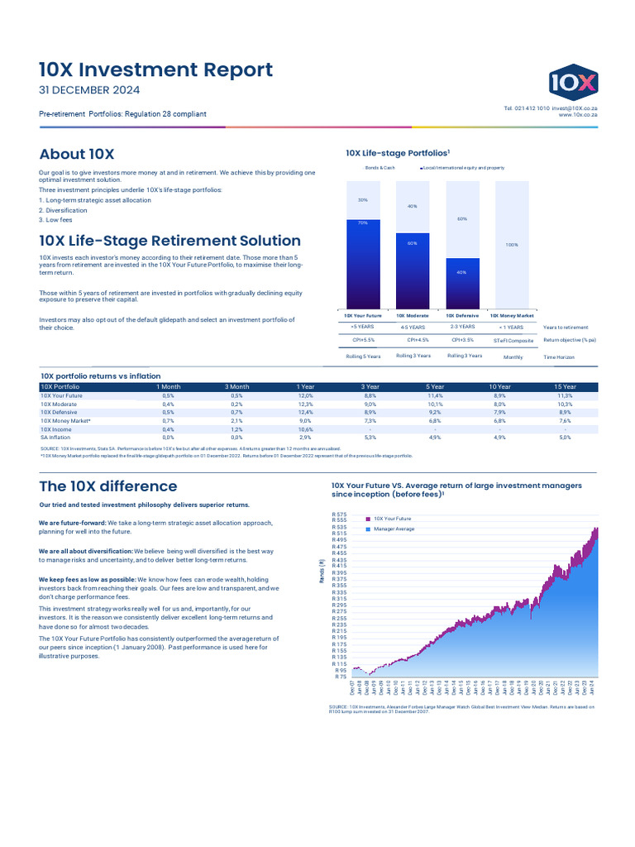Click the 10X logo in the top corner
click(x=574, y=81)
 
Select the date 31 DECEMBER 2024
click(x=89, y=90)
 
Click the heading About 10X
click(x=77, y=154)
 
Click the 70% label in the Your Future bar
click(x=363, y=223)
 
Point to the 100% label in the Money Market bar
click(x=511, y=245)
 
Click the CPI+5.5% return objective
click(x=363, y=340)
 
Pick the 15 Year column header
click(x=565, y=386)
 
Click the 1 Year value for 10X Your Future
click(x=305, y=396)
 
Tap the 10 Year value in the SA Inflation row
click(x=499, y=437)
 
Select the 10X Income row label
click(x=55, y=429)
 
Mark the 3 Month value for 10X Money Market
click(x=236, y=421)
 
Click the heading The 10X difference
click(x=108, y=486)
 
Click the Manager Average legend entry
click(x=394, y=529)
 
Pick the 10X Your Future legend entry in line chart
click(x=392, y=519)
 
